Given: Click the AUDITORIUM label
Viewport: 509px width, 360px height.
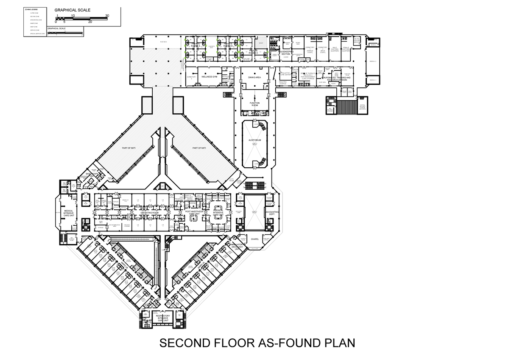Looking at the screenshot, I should pos(255,140).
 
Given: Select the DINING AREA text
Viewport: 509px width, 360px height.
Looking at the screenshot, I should pos(255,78).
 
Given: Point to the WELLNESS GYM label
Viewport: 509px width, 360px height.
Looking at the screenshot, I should pos(209,77).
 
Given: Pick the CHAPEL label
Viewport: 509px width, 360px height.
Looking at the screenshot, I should pos(255,239).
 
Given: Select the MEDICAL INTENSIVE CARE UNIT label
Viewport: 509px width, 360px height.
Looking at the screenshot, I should pos(68,213).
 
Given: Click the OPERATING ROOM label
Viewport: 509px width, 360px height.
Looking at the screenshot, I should pos(149,213).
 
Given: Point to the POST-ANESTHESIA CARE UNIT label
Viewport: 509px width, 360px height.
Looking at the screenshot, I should pos(196,213).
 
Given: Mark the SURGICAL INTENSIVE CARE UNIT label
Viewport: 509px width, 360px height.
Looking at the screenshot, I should pos(218,213).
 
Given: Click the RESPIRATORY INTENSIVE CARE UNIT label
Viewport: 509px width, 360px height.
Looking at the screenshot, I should pos(163,318).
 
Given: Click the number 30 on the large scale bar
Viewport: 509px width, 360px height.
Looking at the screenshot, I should pos(107,16).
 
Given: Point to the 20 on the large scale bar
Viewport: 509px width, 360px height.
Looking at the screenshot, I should pos(90,22).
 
